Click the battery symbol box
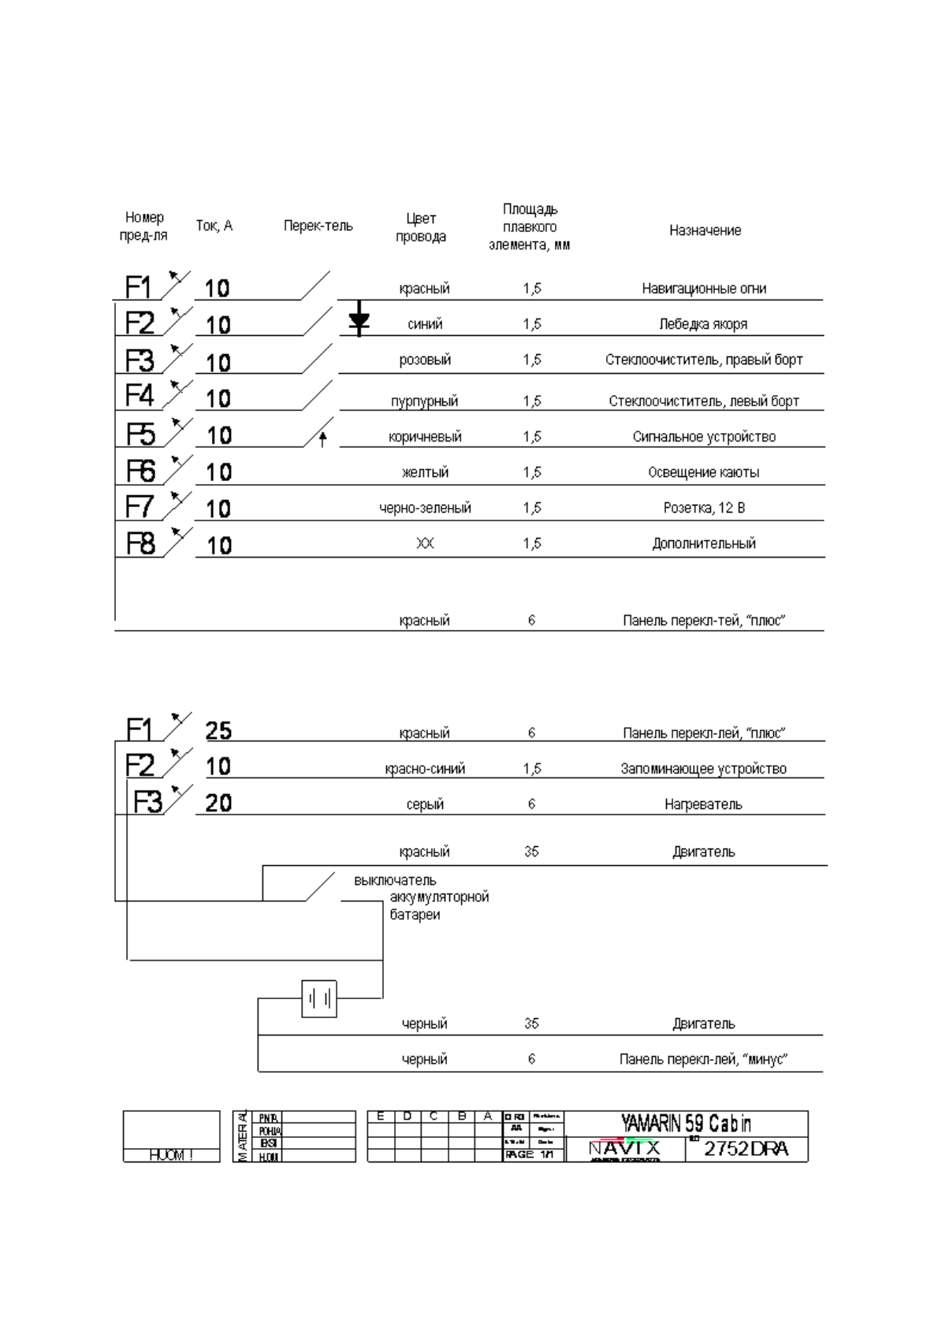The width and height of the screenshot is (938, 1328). (319, 998)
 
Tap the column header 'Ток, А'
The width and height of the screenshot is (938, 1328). (214, 226)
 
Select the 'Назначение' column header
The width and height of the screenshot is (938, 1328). (705, 230)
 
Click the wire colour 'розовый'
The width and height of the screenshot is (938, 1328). (425, 360)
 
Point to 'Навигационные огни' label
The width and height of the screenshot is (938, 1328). (704, 289)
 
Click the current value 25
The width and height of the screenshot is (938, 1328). (218, 731)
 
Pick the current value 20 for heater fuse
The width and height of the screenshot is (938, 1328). (218, 803)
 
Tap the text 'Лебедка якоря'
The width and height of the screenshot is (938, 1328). (703, 324)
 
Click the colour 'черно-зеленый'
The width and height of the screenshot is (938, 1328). (425, 509)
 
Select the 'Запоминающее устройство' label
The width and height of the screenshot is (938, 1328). (703, 769)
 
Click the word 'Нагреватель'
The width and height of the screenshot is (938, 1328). (703, 804)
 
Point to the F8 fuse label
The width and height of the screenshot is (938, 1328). (141, 543)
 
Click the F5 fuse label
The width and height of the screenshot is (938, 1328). (141, 435)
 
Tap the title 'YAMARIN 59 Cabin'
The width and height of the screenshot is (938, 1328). (686, 1123)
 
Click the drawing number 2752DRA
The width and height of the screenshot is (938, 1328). (746, 1149)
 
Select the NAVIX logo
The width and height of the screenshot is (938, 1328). (625, 1150)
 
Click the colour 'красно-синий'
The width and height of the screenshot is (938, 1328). (425, 769)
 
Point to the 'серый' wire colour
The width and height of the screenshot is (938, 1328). (425, 804)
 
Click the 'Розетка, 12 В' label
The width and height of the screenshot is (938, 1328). (704, 509)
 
